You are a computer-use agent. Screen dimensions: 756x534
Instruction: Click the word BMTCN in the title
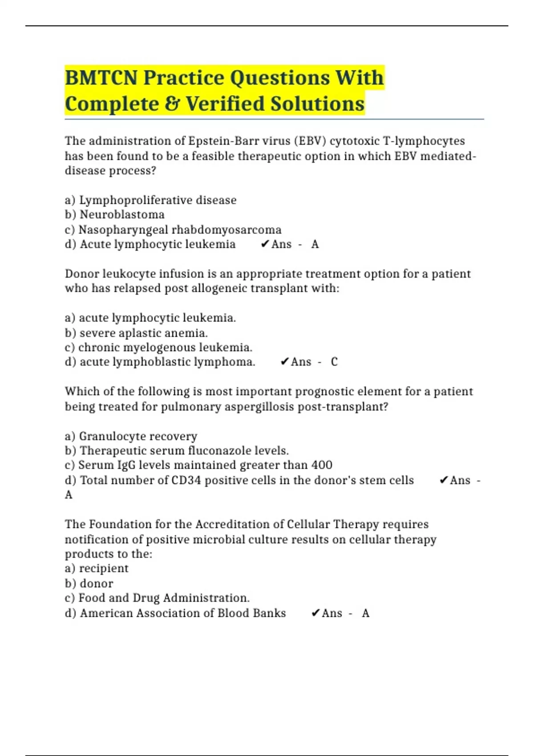pyautogui.click(x=101, y=78)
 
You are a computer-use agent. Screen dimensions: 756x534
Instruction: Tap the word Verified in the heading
pyautogui.click(x=224, y=104)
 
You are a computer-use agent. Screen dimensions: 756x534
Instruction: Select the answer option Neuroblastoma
pyautogui.click(x=121, y=215)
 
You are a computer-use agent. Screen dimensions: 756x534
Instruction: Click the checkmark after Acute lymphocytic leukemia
pyautogui.click(x=265, y=244)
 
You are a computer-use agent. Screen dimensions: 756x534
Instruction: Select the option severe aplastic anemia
pyautogui.click(x=143, y=333)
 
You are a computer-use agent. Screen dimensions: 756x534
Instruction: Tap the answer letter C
pyautogui.click(x=334, y=362)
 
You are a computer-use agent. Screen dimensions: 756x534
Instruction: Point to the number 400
pyautogui.click(x=322, y=465)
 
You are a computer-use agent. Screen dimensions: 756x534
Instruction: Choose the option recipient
pyautogui.click(x=103, y=568)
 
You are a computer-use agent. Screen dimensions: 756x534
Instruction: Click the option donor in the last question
pyautogui.click(x=96, y=583)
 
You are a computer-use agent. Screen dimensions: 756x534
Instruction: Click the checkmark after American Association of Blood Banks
pyautogui.click(x=316, y=613)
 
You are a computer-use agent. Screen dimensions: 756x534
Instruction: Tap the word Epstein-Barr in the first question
pyautogui.click(x=224, y=141)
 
